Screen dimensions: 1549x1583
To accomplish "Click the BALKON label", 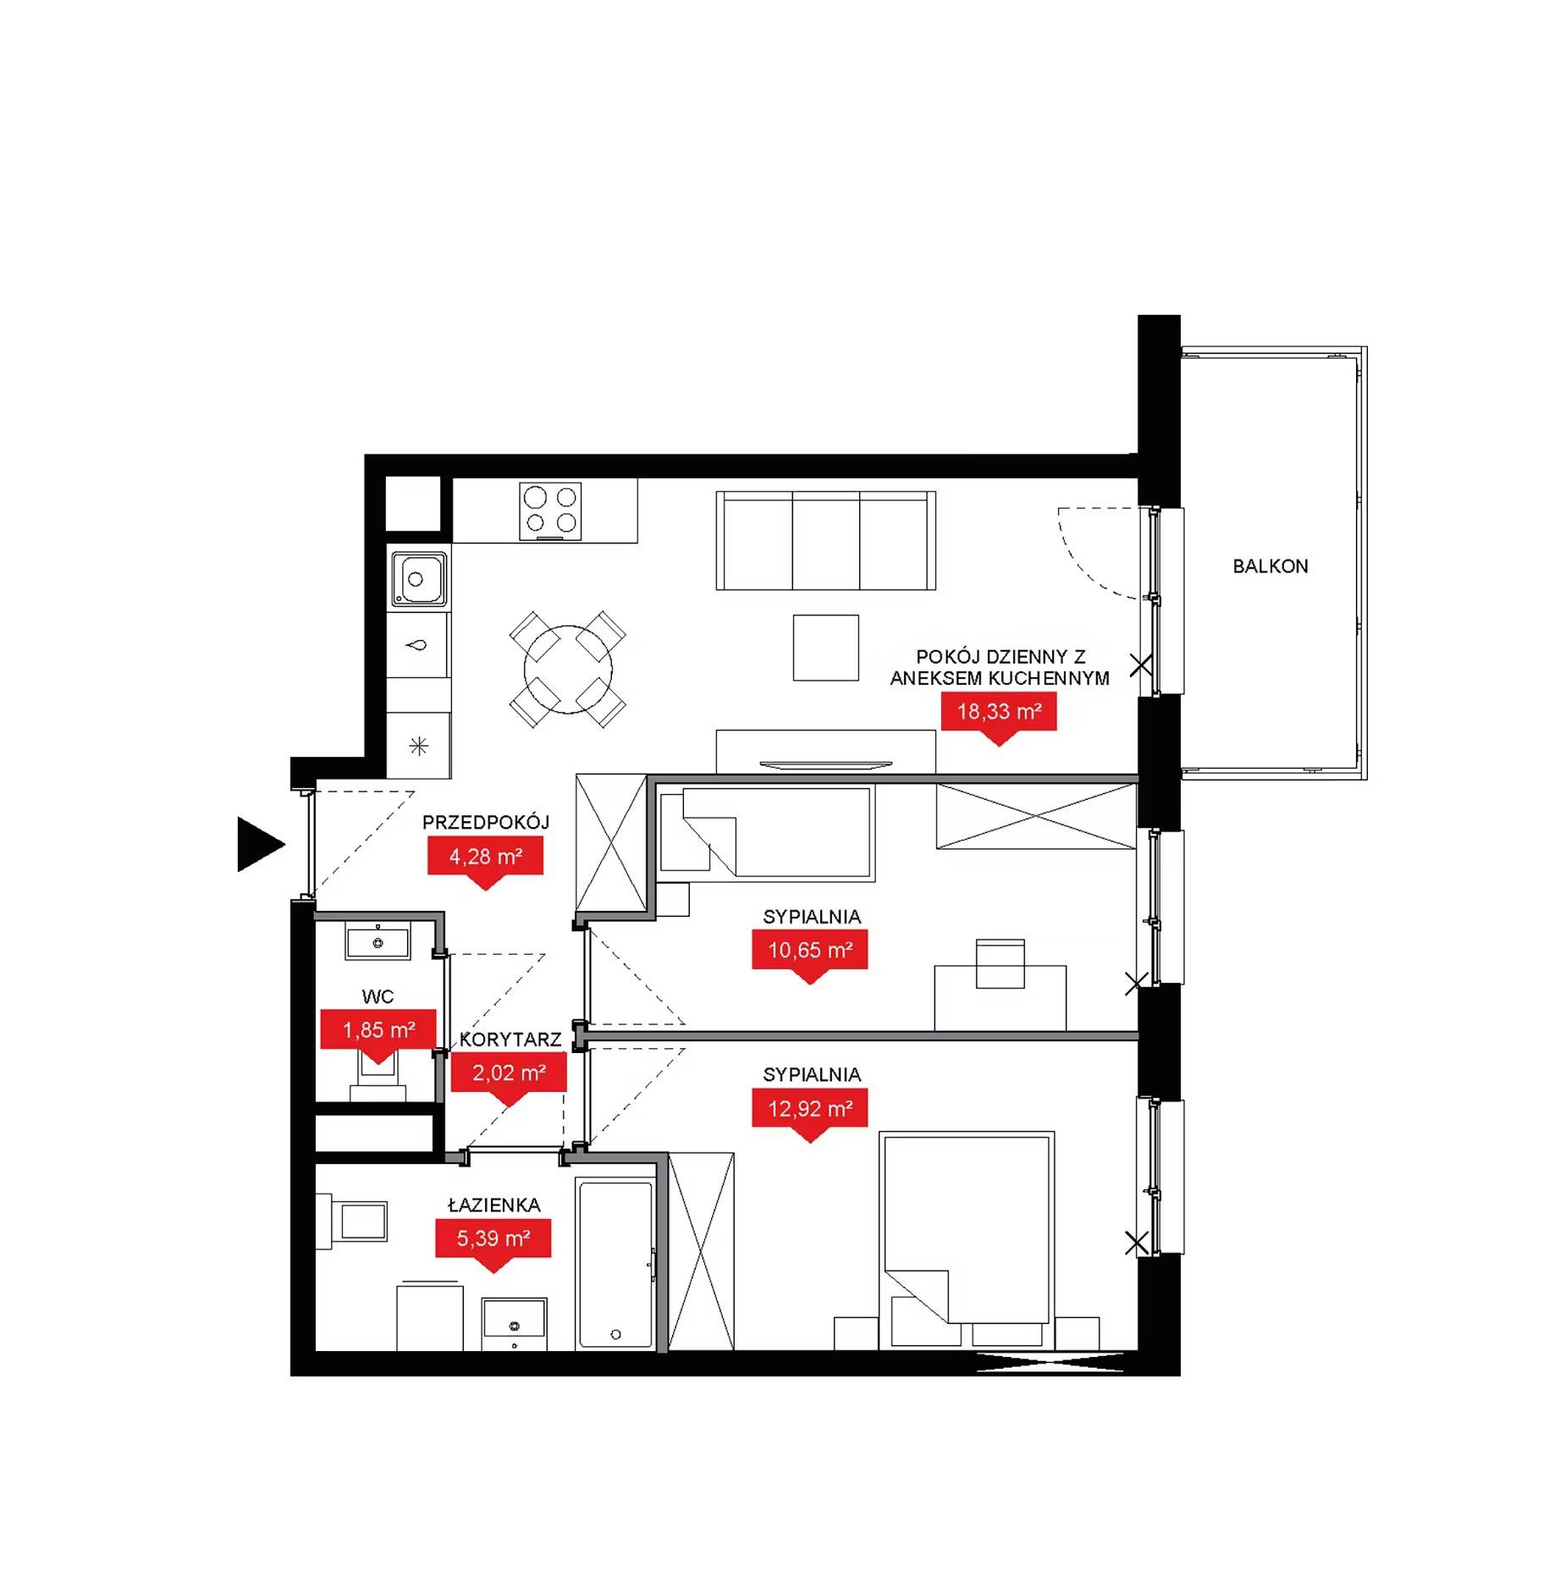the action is [1270, 566].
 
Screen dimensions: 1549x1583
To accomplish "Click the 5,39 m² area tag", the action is [493, 1239].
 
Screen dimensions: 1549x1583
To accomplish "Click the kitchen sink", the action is [418, 580].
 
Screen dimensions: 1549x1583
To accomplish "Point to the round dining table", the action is [568, 670].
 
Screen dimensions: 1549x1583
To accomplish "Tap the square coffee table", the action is [825, 648].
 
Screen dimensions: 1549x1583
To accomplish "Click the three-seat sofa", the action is [825, 540].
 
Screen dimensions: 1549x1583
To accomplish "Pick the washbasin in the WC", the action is [378, 942].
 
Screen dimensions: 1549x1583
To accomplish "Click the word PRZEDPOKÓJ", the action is [486, 822].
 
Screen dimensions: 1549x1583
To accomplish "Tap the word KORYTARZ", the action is [510, 1040].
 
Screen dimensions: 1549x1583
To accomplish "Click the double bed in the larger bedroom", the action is [967, 1241].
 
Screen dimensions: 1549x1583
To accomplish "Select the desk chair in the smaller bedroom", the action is [1001, 963].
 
